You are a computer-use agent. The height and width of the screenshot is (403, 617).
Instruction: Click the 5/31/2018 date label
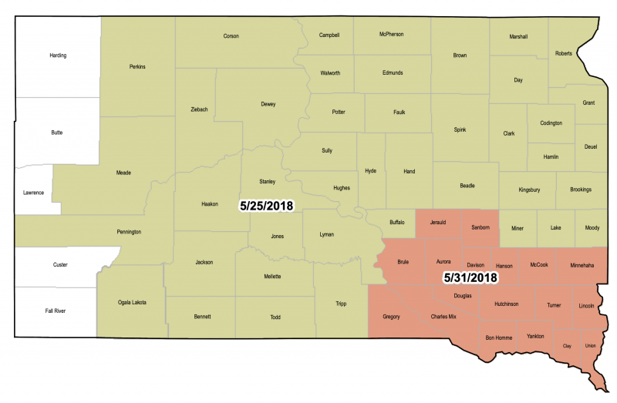[467, 277]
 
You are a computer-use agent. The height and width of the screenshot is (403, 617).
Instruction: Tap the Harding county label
[58, 55]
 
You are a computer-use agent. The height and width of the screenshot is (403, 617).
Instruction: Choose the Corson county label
[231, 36]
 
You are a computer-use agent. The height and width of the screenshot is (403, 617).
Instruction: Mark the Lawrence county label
[33, 192]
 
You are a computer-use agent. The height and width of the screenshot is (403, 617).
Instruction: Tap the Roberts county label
[564, 53]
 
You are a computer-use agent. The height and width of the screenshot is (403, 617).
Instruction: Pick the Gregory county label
[391, 316]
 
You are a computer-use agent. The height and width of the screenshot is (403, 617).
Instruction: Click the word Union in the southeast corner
[591, 345]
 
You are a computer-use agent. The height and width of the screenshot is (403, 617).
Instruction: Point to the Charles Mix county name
[448, 316]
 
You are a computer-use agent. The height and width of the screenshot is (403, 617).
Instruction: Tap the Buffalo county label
[396, 222]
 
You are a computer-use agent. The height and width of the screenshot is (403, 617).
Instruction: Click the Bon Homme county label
[499, 338]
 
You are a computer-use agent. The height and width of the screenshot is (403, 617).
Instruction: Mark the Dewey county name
[268, 104]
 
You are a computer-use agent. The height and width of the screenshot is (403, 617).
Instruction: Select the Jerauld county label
[438, 222]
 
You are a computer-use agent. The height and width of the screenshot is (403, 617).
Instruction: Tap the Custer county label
[59, 265]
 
